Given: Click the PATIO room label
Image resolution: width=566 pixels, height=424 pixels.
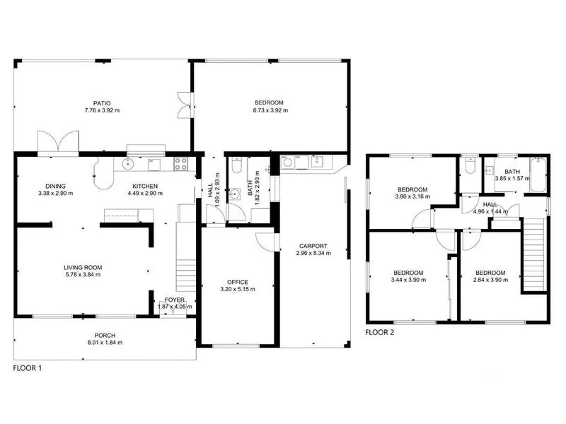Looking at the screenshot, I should click(102, 103).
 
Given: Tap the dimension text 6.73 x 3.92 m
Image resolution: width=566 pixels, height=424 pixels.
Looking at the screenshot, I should click(270, 110).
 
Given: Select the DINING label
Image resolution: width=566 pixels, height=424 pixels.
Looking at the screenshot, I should click(56, 186).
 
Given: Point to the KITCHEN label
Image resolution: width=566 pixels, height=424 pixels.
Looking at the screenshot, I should click(144, 186).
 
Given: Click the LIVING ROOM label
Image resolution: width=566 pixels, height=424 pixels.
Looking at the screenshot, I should click(83, 267).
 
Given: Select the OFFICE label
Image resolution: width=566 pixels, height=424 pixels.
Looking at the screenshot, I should click(238, 282).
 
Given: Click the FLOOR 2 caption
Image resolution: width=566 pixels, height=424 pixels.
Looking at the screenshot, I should click(381, 331).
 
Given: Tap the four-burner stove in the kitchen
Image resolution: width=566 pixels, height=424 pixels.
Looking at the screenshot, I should click(180, 165).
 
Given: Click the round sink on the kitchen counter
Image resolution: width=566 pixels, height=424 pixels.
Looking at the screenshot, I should click(128, 165).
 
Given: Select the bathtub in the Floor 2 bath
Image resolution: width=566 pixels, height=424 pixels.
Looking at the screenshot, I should click(537, 174).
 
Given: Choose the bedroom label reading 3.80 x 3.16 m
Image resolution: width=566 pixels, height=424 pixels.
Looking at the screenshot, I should click(412, 196).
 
